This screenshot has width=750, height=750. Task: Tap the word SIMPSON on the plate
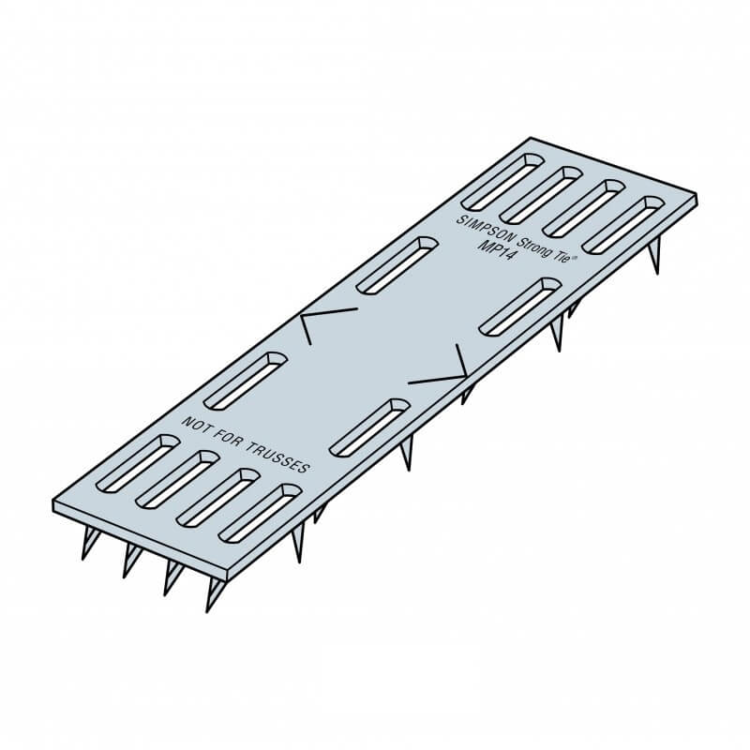tap(479, 224)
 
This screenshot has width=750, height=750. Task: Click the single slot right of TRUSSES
tap(370, 427)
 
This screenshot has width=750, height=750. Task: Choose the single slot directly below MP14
tap(520, 306)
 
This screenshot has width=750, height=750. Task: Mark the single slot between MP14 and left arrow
tap(398, 263)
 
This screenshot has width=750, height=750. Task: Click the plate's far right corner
tap(697, 197)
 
